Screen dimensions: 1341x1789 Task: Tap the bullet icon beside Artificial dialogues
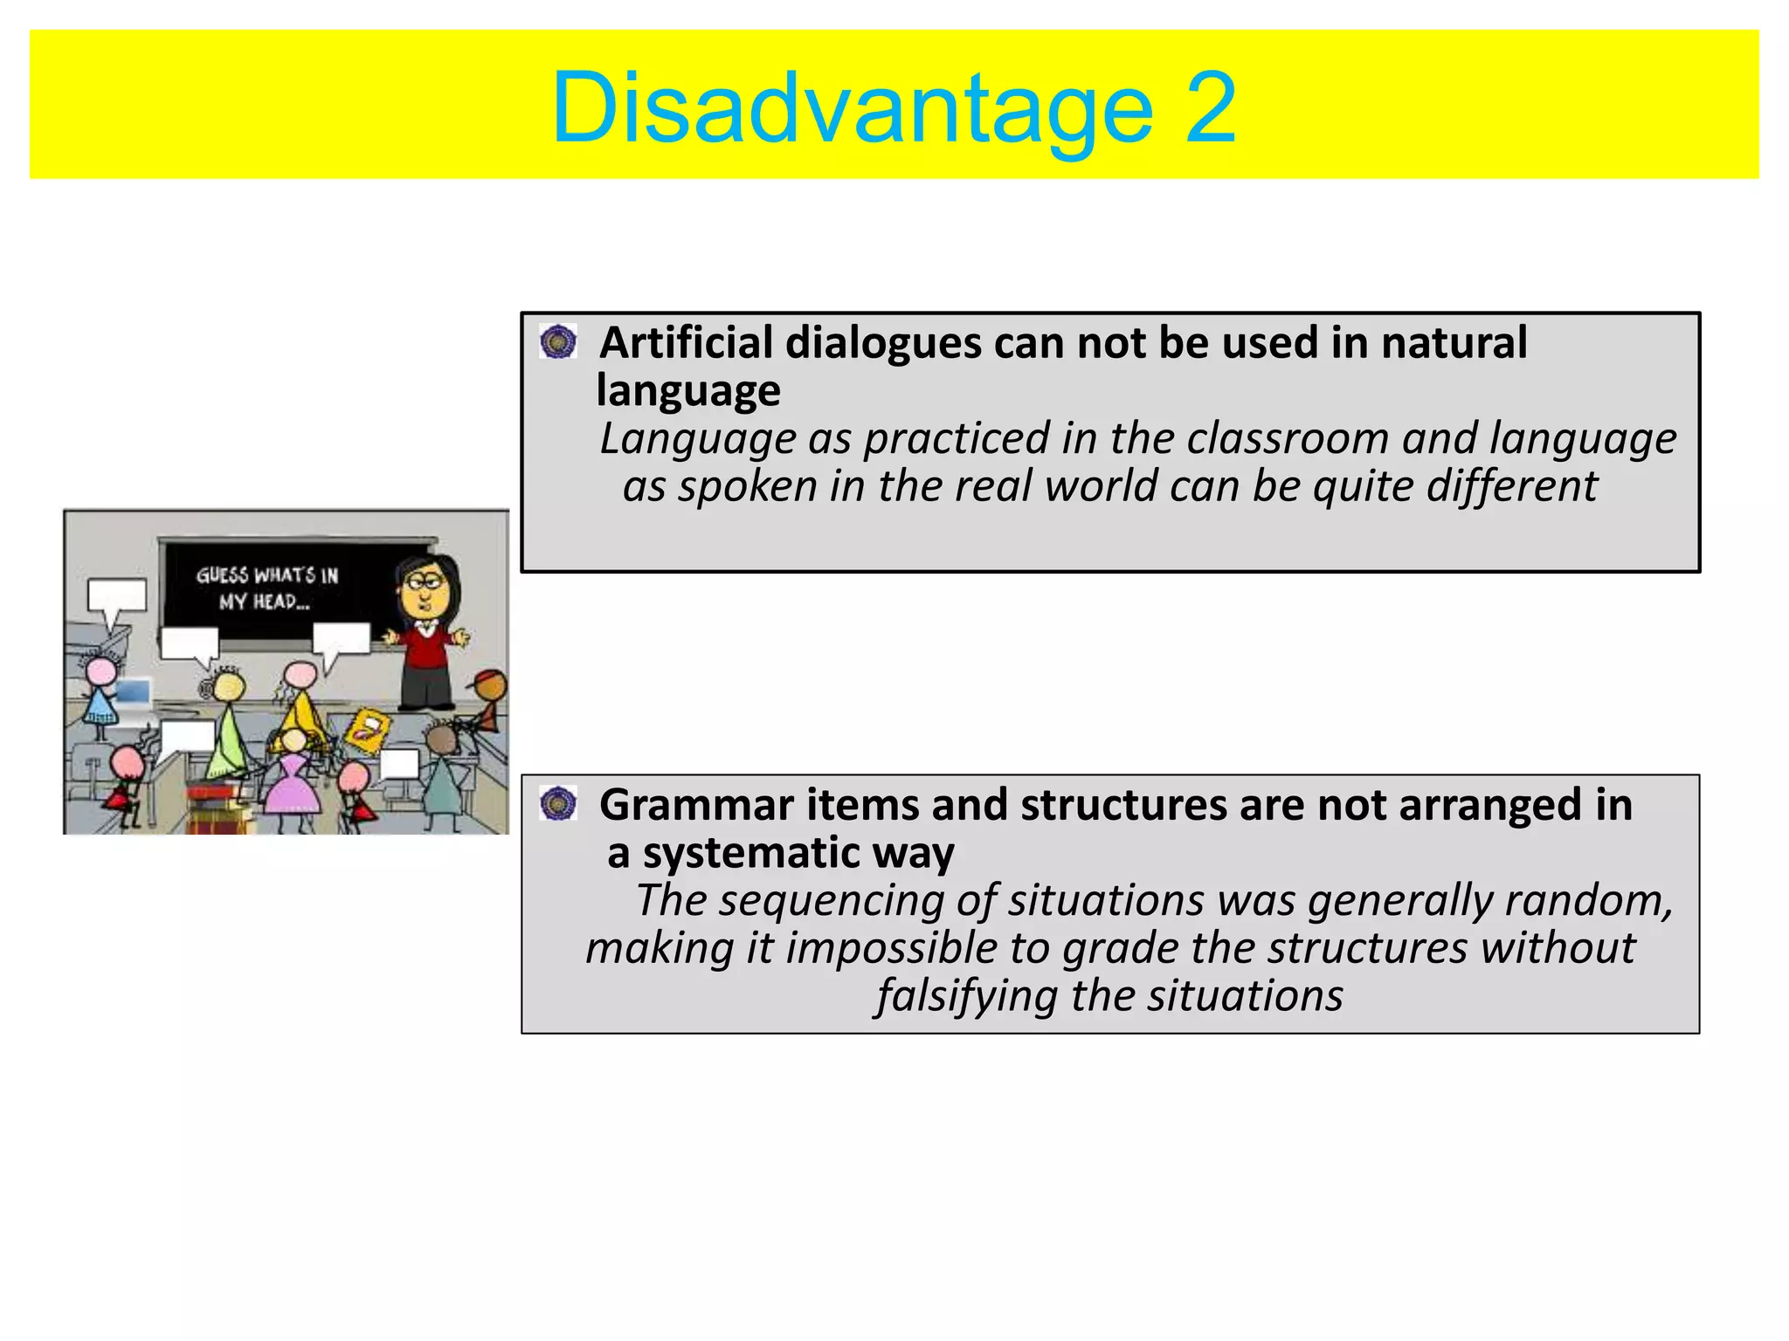558,341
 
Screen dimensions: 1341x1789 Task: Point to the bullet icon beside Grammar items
558,803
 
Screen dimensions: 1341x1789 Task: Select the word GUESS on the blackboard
223,575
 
